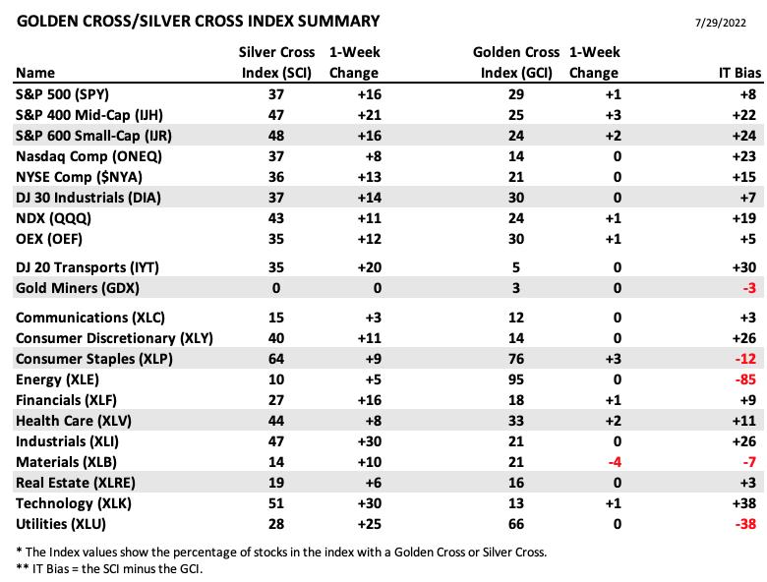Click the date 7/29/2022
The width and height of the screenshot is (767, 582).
pyautogui.click(x=721, y=23)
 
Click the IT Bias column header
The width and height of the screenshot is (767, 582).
pyautogui.click(x=739, y=73)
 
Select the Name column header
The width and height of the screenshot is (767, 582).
pyautogui.click(x=35, y=73)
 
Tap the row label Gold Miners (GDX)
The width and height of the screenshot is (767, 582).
pyautogui.click(x=78, y=288)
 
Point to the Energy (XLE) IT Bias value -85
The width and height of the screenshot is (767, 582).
pyautogui.click(x=745, y=379)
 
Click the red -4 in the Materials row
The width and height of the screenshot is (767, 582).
pyautogui.click(x=615, y=462)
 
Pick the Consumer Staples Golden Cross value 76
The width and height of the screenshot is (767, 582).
pyautogui.click(x=516, y=359)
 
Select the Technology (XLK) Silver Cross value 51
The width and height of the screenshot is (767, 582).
pyautogui.click(x=276, y=503)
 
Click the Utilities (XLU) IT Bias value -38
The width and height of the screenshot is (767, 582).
pyautogui.click(x=745, y=524)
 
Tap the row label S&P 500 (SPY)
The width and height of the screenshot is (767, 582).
pyautogui.click(x=63, y=94)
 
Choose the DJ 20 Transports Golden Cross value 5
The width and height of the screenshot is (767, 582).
pyautogui.click(x=516, y=267)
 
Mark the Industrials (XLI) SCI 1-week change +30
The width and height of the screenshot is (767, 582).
pyautogui.click(x=370, y=441)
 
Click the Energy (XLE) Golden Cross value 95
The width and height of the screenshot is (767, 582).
pyautogui.click(x=516, y=379)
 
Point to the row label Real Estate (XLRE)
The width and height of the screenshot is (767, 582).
pyautogui.click(x=76, y=483)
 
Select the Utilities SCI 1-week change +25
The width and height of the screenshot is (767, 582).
pyautogui.click(x=370, y=524)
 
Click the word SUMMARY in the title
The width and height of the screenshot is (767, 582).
pyautogui.click(x=338, y=21)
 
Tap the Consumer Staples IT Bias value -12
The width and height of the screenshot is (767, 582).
pyautogui.click(x=745, y=359)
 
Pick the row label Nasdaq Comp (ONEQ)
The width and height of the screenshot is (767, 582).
pyautogui.click(x=88, y=156)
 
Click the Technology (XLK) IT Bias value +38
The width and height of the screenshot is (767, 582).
pyautogui.click(x=744, y=503)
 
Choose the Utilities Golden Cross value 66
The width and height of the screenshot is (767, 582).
pyautogui.click(x=516, y=524)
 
